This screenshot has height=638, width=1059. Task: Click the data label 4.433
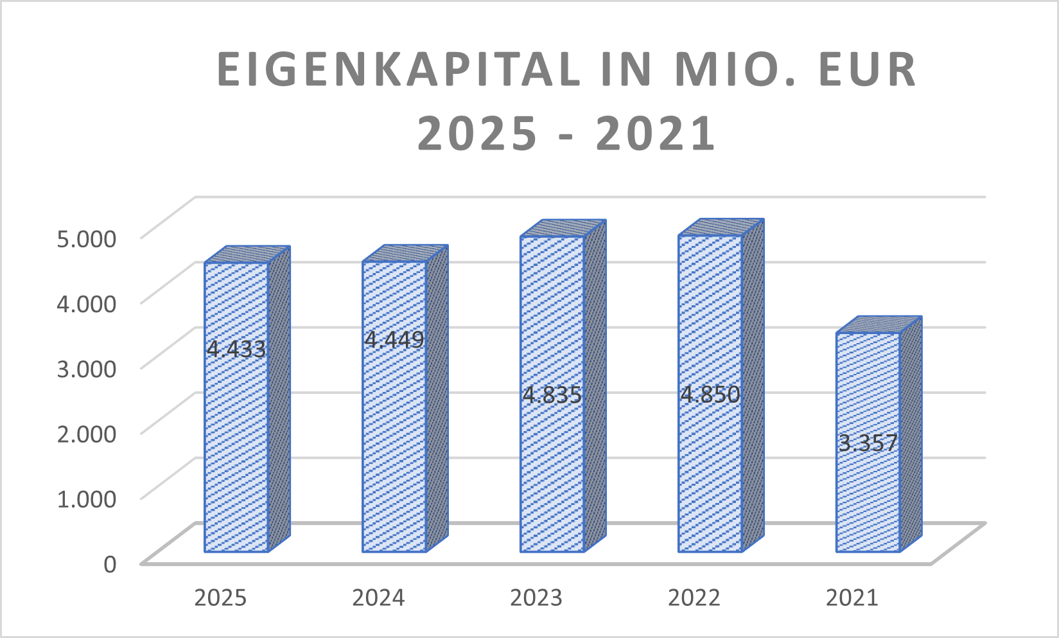click(x=236, y=349)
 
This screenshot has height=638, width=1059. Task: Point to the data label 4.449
click(x=394, y=339)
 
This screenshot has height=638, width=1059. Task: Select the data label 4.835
click(x=552, y=394)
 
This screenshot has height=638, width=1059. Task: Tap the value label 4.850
click(x=710, y=394)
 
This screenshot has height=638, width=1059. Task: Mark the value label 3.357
click(x=868, y=443)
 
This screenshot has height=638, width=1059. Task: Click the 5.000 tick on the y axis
click(x=87, y=238)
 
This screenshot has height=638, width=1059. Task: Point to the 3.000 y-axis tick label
click(x=87, y=368)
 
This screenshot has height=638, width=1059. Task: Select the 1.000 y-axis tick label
click(x=87, y=498)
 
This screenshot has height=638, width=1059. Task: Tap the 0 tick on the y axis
click(x=110, y=563)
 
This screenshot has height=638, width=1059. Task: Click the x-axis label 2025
click(x=220, y=598)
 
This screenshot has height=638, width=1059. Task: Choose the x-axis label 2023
click(x=536, y=598)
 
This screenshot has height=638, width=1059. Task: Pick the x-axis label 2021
click(x=852, y=598)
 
